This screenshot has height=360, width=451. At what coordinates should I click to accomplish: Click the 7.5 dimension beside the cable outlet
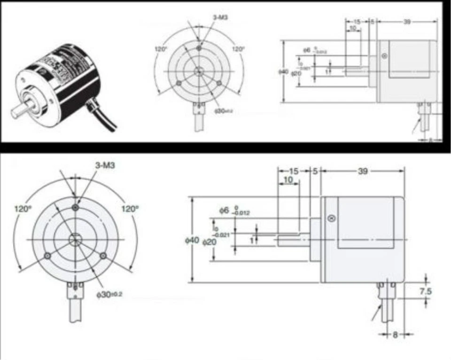tap(426, 291)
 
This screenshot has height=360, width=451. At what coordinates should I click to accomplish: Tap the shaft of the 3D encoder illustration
tap(20, 111)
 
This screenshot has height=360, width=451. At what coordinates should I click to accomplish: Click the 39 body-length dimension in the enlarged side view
tap(362, 172)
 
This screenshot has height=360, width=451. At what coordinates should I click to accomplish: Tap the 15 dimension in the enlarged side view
tap(293, 172)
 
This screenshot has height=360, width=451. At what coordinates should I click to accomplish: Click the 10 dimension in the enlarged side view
tap(288, 180)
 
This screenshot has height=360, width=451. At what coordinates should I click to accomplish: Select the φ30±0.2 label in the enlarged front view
tap(109, 294)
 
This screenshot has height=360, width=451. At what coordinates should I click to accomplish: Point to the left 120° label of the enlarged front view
tap(22, 208)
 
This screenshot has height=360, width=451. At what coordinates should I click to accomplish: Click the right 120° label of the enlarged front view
tap(130, 208)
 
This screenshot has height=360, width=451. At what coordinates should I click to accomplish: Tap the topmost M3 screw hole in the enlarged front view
tap(75, 207)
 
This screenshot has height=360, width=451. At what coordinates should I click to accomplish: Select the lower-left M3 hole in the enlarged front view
tap(47, 256)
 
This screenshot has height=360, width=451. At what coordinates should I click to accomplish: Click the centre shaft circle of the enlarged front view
tap(75, 239)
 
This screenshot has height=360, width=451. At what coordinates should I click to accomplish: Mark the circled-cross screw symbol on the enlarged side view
tap(331, 218)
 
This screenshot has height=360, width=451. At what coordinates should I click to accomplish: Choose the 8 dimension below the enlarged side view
tap(395, 335)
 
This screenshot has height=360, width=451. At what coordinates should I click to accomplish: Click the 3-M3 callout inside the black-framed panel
tap(221, 17)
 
